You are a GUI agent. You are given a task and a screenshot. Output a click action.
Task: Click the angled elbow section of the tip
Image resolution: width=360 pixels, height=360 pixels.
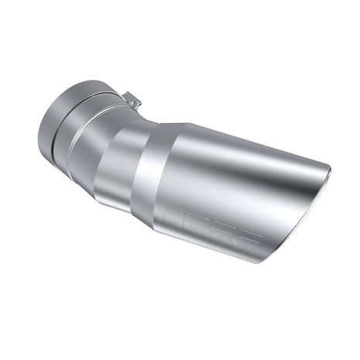click(116, 163)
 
